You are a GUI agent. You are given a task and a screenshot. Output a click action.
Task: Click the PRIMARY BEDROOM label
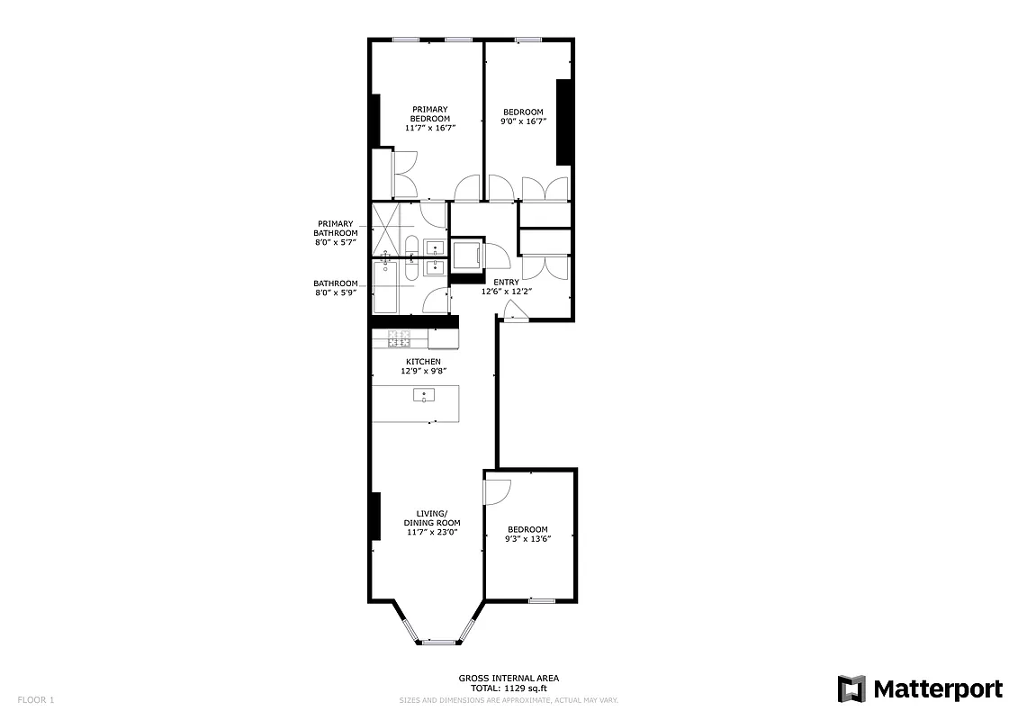430,114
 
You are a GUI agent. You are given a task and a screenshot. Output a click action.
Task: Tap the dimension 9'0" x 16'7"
524,121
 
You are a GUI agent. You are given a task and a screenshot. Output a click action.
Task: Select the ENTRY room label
505,282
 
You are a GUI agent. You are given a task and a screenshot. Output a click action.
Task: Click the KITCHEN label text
423,362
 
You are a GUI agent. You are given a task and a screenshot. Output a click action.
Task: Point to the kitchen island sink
424,395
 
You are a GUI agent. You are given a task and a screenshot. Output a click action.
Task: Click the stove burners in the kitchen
400,338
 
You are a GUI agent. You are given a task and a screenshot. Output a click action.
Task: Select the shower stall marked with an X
387,229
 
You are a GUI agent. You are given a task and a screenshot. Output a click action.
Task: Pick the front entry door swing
514,311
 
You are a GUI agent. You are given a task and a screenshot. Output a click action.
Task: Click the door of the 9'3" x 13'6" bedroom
496,490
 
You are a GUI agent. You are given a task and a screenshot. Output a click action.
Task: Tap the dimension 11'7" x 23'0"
431,532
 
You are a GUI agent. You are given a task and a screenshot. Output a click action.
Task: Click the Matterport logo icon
851,689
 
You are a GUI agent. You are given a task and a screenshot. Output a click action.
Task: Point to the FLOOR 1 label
37,699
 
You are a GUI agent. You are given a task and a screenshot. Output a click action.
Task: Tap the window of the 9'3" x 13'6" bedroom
542,600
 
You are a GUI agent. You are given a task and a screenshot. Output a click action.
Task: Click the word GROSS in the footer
474,678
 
